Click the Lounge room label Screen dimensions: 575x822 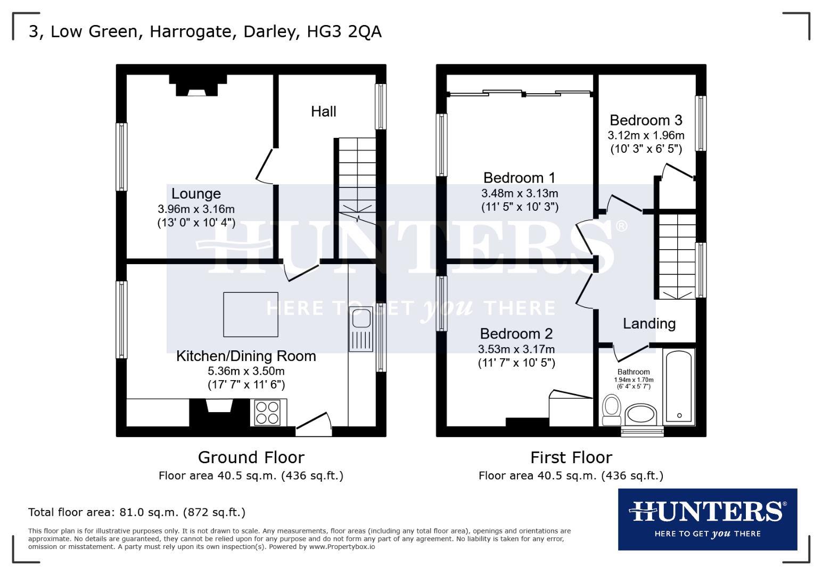[196, 194]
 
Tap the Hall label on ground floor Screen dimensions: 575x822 [324, 111]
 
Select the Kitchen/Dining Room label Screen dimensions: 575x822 [246, 356]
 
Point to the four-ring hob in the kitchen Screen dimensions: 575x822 [268, 413]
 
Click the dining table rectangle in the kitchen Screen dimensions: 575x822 [251, 315]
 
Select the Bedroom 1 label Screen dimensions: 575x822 [519, 177]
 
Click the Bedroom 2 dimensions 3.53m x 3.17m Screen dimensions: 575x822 [516, 349]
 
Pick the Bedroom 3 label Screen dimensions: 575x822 [646, 120]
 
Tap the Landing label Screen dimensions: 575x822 [649, 324]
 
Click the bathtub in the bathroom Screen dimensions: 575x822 [679, 386]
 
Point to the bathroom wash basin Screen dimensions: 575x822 [641, 414]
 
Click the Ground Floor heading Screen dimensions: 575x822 [251, 457]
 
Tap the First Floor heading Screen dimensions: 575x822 [571, 457]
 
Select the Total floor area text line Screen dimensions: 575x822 [137, 513]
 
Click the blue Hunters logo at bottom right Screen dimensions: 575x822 [707, 519]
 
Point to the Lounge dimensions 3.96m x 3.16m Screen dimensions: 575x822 [196, 209]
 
